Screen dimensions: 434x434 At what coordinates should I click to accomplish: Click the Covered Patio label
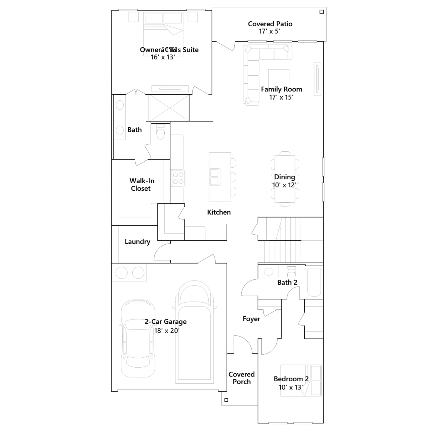point(270,24)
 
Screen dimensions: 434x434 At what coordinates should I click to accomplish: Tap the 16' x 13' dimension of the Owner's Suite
point(163,57)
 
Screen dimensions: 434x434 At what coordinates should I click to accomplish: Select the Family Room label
point(282,89)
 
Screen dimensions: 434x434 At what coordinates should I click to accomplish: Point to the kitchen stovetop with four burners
point(178,178)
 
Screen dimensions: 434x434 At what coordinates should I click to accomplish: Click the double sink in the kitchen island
point(215,177)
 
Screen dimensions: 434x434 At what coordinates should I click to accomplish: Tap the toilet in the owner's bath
point(161,132)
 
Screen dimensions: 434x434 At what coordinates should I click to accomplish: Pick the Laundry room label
point(138,242)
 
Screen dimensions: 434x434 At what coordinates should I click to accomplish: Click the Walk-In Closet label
point(142,184)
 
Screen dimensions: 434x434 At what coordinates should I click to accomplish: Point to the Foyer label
point(251,319)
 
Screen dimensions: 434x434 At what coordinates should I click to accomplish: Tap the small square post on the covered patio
point(322,12)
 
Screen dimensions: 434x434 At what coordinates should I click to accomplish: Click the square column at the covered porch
point(226,400)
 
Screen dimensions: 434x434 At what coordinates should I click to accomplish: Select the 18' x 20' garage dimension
point(167,331)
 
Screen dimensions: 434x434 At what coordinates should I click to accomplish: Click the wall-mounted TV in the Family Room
point(317,79)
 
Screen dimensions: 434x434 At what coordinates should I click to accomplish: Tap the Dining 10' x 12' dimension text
point(284,185)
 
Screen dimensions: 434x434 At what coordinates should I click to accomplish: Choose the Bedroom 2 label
point(291,379)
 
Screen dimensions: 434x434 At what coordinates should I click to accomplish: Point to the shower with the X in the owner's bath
point(169,108)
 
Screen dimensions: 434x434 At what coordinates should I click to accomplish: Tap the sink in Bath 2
point(269,272)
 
